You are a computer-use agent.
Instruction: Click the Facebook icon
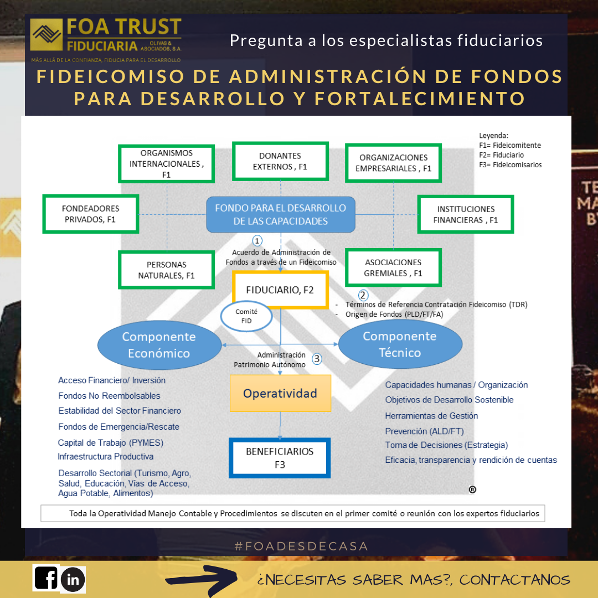[46, 578]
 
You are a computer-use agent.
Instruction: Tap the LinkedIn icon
[73, 580]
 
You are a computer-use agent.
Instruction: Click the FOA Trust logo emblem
[47, 35]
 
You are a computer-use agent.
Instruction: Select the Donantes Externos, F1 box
[280, 161]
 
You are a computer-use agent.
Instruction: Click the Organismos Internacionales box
[167, 163]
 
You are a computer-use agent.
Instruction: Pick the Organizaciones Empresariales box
[394, 163]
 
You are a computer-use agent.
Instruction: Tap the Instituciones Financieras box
[466, 214]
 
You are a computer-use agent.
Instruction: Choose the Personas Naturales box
[167, 270]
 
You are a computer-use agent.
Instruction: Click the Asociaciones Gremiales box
[393, 267]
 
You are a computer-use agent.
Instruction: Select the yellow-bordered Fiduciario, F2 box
[281, 289]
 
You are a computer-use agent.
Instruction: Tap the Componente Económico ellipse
[159, 344]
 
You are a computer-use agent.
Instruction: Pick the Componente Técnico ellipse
[400, 344]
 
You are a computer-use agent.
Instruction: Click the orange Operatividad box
[280, 393]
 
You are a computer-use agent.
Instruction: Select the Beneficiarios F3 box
[280, 458]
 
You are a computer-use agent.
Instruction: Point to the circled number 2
[363, 295]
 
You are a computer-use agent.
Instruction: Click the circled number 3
[317, 358]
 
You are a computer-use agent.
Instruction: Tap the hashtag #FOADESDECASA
[301, 546]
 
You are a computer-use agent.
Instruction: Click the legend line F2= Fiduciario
[501, 155]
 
